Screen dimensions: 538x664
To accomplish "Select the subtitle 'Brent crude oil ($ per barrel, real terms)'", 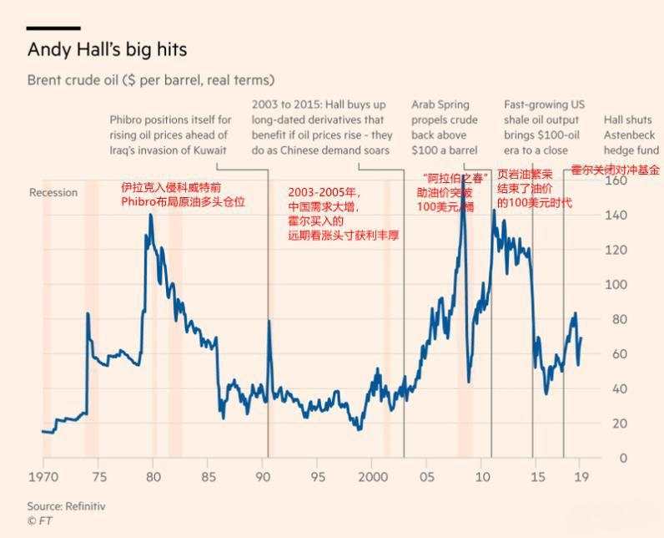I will (151, 80).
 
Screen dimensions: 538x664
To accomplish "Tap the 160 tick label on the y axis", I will (640, 181).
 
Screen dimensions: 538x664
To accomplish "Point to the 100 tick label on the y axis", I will (640, 285).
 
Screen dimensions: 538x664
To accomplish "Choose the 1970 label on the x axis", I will (43, 477).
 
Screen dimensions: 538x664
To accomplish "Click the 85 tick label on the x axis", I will (208, 477).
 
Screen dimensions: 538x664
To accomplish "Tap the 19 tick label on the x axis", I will (581, 477).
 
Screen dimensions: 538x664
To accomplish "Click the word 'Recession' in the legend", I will (53, 193).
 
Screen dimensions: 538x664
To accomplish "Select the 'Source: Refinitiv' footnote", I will (66, 506).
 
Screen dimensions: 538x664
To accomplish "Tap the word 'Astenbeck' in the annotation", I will (631, 135).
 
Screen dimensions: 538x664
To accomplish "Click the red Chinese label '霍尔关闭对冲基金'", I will (615, 170).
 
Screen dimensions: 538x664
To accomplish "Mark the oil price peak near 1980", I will (151, 216).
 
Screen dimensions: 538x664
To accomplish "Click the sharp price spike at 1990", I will (269, 320).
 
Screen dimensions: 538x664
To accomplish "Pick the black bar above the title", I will (54, 28).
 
